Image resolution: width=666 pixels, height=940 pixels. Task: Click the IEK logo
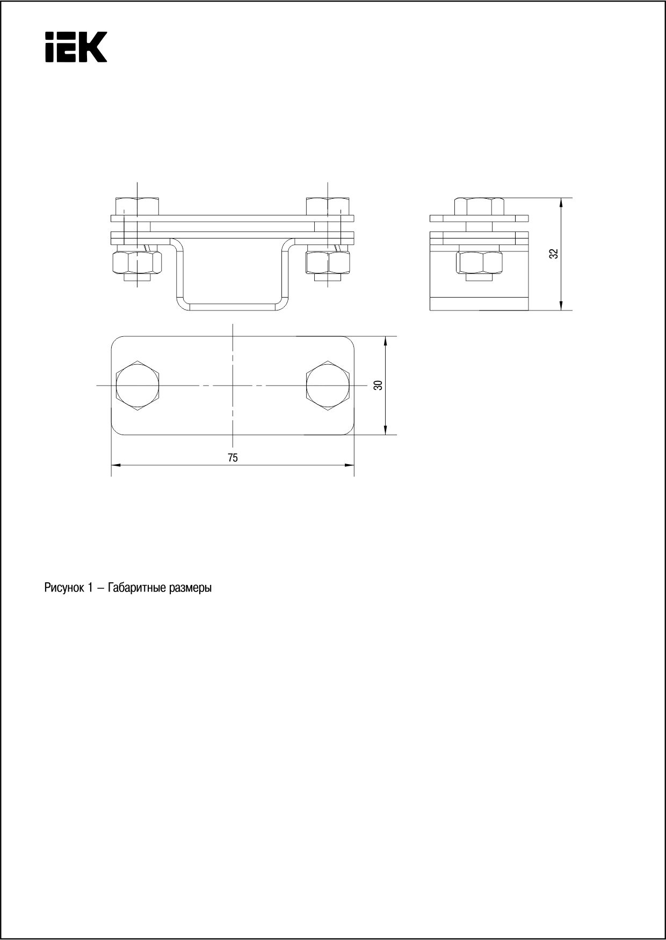(x=76, y=47)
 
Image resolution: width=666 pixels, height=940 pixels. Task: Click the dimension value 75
(x=233, y=458)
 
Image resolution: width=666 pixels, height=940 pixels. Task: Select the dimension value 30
(x=379, y=385)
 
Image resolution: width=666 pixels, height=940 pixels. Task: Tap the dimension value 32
(x=554, y=254)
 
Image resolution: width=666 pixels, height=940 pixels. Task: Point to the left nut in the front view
(x=137, y=262)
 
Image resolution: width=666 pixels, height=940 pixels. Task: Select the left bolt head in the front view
(x=137, y=206)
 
